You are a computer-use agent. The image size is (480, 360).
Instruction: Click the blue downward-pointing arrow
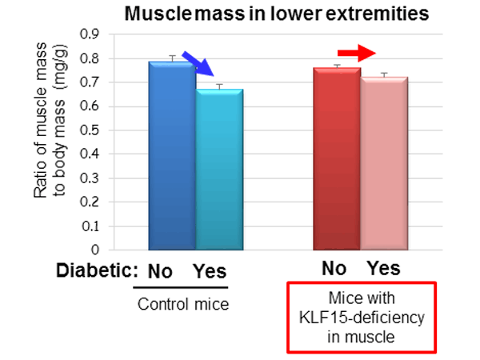198,62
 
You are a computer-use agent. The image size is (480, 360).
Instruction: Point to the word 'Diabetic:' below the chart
97,270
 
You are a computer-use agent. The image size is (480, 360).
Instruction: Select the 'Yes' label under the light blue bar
210,270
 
